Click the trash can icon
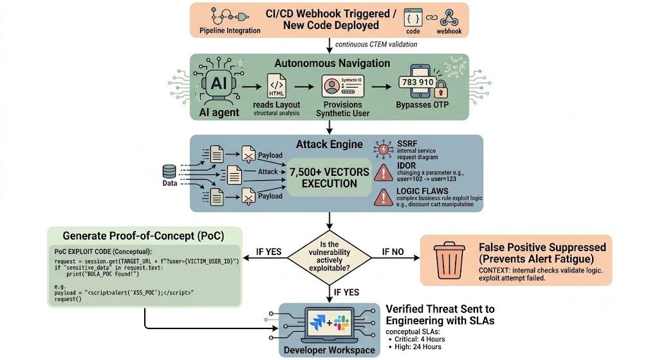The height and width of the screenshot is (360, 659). [449, 260]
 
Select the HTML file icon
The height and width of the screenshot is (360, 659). [277, 86]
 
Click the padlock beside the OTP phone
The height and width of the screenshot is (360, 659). [441, 89]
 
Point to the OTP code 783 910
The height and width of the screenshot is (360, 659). [417, 82]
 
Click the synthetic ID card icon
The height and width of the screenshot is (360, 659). [342, 86]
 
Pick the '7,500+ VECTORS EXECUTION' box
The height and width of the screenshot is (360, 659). [329, 178]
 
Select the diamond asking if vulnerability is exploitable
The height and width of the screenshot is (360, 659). [329, 256]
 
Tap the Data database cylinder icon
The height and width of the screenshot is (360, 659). [169, 171]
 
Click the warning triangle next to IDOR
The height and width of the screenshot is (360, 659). [384, 173]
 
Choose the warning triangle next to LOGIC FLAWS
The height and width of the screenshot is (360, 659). [384, 197]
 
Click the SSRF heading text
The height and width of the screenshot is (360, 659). [407, 144]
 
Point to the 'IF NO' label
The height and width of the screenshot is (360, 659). [393, 252]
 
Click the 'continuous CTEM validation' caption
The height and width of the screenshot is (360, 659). [376, 44]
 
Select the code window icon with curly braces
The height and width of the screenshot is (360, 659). [413, 17]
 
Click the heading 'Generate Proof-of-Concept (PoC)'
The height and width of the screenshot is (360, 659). [144, 236]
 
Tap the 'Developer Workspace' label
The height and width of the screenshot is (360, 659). [329, 350]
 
